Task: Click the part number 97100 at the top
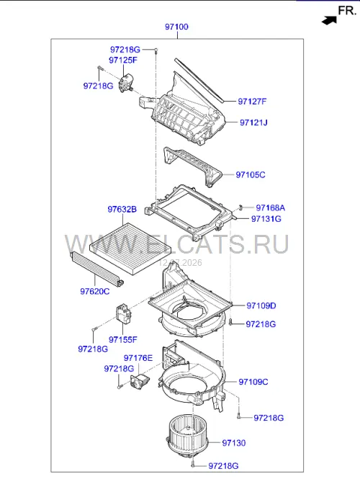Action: [176, 27]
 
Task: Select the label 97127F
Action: [252, 102]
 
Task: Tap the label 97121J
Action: [253, 122]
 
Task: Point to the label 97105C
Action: [251, 175]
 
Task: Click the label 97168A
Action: [270, 207]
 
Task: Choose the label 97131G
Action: [266, 219]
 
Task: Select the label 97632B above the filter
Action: [122, 210]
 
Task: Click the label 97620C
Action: [95, 292]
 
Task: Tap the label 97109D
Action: [261, 305]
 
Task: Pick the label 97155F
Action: [123, 339]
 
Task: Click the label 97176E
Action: [138, 358]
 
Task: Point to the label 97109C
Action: [253, 382]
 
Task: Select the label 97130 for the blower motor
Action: [234, 443]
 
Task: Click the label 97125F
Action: [123, 60]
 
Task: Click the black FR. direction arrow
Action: [329, 21]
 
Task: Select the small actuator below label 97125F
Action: [126, 84]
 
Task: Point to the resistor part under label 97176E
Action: [140, 382]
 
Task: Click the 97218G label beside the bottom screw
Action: [224, 466]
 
